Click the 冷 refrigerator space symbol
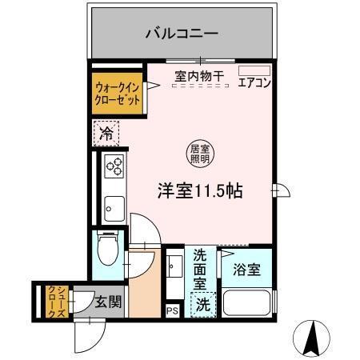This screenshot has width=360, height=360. pyautogui.click(x=106, y=134)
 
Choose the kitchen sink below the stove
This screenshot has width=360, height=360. pyautogui.click(x=113, y=207)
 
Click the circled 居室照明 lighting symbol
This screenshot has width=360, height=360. pyautogui.click(x=196, y=153)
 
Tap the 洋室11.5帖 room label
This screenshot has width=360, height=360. pyautogui.click(x=200, y=192)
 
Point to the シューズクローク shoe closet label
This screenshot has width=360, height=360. pyautogui.click(x=53, y=302)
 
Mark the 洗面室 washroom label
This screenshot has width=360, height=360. pyautogui.click(x=201, y=270)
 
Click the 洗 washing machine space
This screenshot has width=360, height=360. pyautogui.click(x=205, y=304)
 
